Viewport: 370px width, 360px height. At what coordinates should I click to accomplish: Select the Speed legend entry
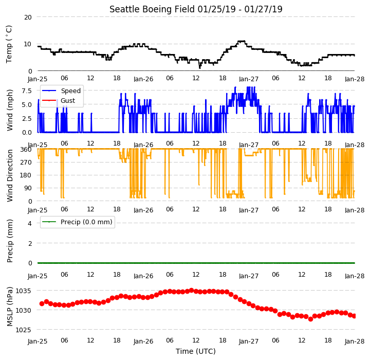[61, 91]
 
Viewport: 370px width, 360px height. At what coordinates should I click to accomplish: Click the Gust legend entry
[59, 101]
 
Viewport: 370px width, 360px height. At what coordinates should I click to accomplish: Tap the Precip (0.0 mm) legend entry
[77, 222]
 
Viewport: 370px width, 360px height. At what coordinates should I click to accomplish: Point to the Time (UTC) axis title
[196, 351]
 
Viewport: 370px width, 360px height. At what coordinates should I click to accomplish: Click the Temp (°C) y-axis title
[9, 44]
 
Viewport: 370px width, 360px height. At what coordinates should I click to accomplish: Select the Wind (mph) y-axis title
[10, 110]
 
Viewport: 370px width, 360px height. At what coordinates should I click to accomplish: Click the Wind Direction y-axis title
[10, 175]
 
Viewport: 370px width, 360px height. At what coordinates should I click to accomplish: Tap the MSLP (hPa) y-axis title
[10, 307]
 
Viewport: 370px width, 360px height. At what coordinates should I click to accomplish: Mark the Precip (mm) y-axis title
[10, 241]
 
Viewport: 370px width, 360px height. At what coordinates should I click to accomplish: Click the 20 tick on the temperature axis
[28, 17]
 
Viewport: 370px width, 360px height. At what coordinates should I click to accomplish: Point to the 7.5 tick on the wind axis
[27, 91]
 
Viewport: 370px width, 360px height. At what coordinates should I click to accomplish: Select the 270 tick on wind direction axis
[26, 163]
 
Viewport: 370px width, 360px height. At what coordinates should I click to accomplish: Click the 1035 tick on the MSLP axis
[23, 291]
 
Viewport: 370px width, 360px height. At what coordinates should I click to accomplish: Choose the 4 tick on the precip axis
[30, 223]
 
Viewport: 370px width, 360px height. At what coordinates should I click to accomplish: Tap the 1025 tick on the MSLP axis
[23, 330]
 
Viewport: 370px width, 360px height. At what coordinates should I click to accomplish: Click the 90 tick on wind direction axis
[28, 188]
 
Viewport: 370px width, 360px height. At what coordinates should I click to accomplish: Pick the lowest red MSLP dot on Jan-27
[310, 319]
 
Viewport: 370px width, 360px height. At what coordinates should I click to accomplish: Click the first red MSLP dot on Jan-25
[42, 303]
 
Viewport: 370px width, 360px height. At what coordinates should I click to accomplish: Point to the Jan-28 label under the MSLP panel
[355, 341]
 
